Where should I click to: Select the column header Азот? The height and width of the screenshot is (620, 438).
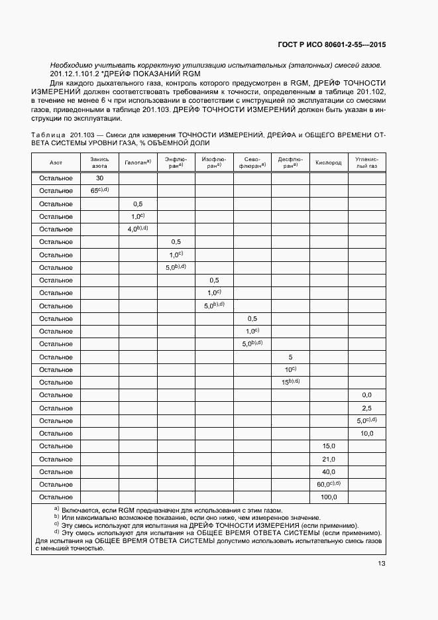tap(56, 162)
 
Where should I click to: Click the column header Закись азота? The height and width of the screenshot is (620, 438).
tap(99, 162)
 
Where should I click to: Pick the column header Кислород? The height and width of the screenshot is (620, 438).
tap(328, 162)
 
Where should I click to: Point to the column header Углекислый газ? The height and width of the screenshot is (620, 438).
tap(366, 162)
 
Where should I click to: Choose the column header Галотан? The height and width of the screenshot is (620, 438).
tap(137, 162)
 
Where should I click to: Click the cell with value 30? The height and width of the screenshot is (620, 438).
tap(99, 178)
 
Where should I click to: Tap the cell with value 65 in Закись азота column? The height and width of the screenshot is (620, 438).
tap(99, 191)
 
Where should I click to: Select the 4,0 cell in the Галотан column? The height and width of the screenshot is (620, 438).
tap(137, 229)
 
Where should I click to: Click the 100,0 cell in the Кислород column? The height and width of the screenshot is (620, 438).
tap(329, 497)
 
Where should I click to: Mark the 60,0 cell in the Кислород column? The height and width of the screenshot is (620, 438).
tap(328, 484)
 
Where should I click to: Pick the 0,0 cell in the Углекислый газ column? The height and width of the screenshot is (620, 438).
tap(366, 395)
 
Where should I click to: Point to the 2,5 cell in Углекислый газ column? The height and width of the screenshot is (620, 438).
tap(366, 408)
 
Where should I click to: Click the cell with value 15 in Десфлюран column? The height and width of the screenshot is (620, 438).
tap(290, 382)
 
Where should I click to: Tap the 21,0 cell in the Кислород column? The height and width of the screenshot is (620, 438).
tap(329, 459)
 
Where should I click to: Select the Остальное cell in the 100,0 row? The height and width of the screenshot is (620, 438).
tap(56, 497)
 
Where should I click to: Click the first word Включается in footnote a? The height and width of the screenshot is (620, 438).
tap(82, 511)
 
